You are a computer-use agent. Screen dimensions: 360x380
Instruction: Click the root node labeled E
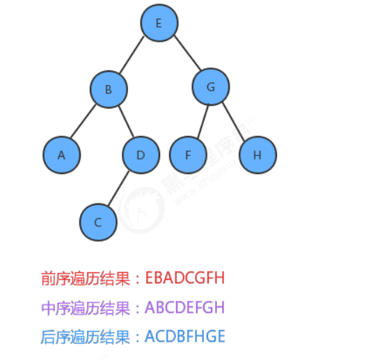(x=159, y=23)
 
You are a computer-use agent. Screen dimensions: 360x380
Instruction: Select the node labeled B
(x=108, y=89)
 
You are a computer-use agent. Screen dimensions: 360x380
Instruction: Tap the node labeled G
(x=209, y=88)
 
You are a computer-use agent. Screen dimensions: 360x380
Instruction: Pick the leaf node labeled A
(x=61, y=155)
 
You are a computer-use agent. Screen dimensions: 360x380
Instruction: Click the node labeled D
(x=141, y=155)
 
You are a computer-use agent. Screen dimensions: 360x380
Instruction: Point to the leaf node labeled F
(x=188, y=155)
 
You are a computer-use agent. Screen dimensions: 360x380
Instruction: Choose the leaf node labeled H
(x=258, y=155)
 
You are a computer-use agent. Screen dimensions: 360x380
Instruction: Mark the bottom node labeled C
(x=98, y=222)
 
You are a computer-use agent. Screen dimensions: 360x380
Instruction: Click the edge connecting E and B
(x=132, y=56)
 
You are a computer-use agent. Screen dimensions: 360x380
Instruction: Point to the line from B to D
(x=125, y=122)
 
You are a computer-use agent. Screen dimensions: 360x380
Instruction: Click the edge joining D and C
(x=119, y=189)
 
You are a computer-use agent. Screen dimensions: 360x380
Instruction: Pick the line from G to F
(x=199, y=121)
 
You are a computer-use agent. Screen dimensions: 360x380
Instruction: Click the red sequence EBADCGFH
(x=185, y=279)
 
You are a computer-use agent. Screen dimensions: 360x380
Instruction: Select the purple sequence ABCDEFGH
(x=184, y=308)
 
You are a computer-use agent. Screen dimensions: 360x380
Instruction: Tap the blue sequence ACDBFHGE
(x=184, y=337)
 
